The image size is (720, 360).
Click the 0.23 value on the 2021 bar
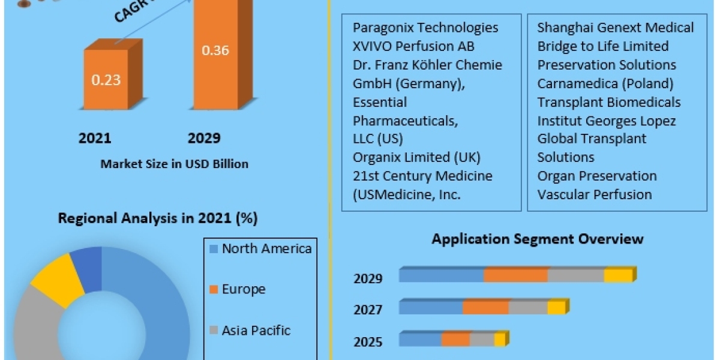pos(106,80)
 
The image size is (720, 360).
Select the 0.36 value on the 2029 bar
pos(215,50)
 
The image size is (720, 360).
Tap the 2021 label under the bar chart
pos(95,139)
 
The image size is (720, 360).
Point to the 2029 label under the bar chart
pos(204,139)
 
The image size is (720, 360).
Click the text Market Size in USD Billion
pos(175,163)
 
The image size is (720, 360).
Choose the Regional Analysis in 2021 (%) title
pos(158,218)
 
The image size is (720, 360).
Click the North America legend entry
pos(266,248)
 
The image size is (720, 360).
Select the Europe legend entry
pos(243,289)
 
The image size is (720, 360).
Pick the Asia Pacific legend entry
pos(256,330)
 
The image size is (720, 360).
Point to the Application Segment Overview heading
pos(538,239)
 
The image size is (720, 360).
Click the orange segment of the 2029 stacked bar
pos(515,275)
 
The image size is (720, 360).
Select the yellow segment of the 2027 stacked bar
pos(556,308)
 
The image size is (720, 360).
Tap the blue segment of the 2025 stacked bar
pos(420,340)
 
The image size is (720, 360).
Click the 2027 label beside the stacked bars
pos(368,310)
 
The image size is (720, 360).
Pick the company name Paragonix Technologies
pos(425,28)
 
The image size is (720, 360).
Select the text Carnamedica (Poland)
pos(605,83)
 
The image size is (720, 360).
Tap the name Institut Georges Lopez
pos(607,121)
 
